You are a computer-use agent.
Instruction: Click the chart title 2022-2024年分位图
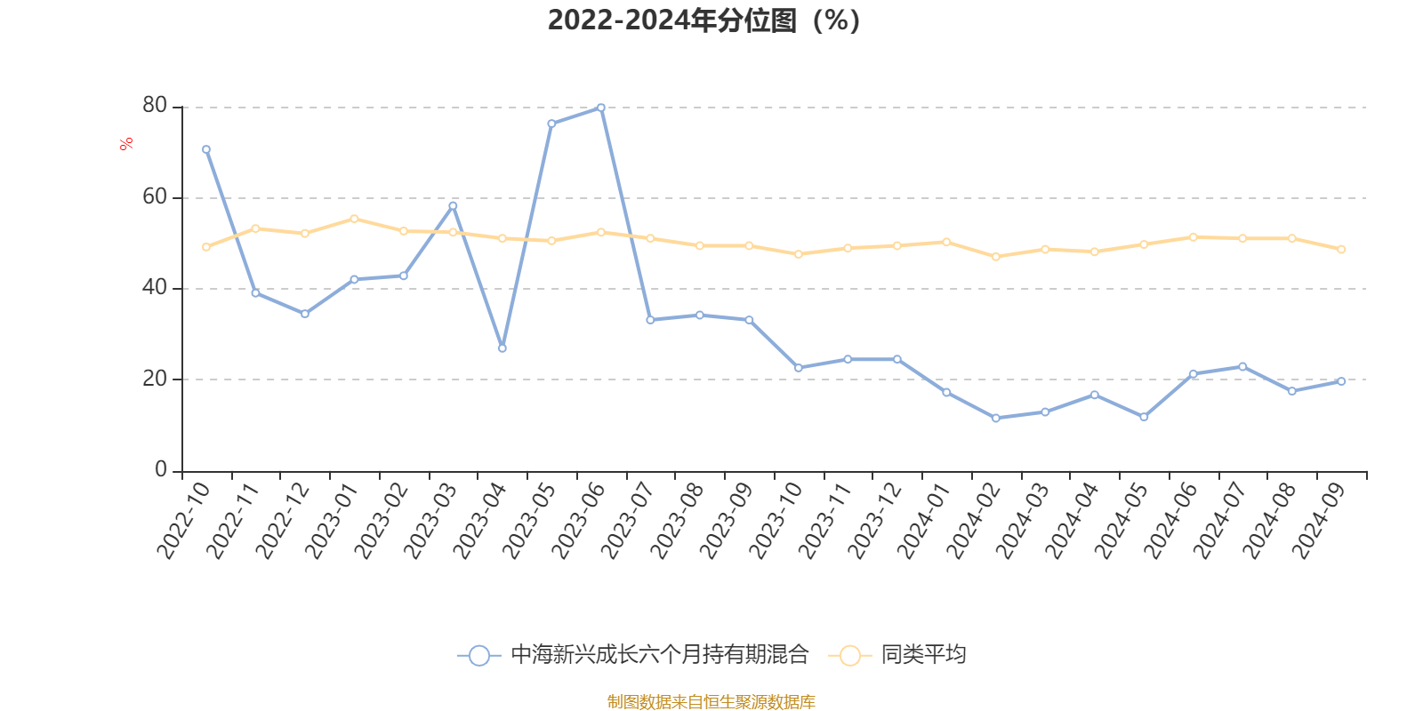(x=703, y=20)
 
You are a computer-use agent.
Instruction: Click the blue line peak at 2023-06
(x=601, y=108)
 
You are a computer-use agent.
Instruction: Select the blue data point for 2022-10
(x=206, y=149)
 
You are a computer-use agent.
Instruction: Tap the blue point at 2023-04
(x=502, y=348)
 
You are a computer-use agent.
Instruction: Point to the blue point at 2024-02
(x=996, y=418)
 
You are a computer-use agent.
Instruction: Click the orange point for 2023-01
(x=354, y=219)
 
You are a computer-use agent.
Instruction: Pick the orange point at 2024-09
(x=1341, y=250)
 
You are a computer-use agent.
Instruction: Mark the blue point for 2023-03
(x=453, y=206)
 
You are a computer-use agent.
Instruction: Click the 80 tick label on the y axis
(x=155, y=106)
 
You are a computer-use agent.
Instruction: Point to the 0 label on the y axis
(x=161, y=469)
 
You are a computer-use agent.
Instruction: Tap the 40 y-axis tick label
(x=155, y=287)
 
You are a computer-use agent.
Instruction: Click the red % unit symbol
(x=127, y=144)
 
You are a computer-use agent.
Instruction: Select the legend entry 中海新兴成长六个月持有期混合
(x=659, y=656)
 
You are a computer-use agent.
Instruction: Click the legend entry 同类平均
(x=922, y=656)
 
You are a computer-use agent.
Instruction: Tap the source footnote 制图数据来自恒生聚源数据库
(x=711, y=702)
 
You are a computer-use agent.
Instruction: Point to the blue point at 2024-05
(x=1144, y=417)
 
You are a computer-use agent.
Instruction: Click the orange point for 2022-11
(x=255, y=228)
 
